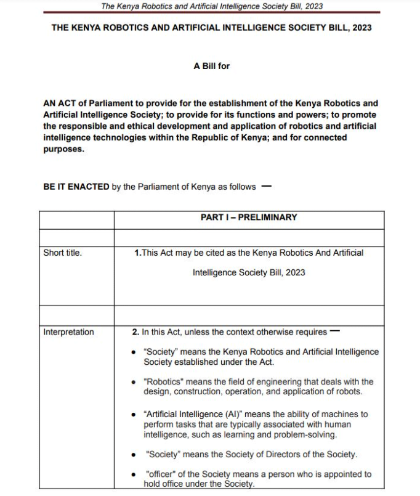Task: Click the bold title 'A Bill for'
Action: (x=211, y=65)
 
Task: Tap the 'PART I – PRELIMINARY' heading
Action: (x=249, y=218)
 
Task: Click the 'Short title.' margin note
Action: (x=62, y=253)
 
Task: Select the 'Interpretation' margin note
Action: (x=68, y=332)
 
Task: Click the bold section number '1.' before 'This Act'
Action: (x=137, y=253)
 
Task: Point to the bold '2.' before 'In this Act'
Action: (x=135, y=332)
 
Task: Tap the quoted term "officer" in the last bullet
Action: (x=161, y=474)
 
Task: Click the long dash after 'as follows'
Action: (x=266, y=186)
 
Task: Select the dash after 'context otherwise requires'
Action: (x=334, y=331)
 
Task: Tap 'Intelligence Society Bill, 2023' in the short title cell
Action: (x=249, y=272)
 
